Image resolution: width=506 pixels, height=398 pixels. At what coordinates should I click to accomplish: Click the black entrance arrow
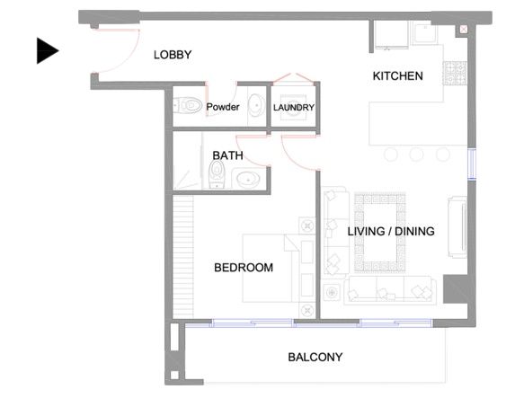tap(47, 50)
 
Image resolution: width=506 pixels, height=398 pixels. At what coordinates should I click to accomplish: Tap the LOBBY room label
tap(173, 55)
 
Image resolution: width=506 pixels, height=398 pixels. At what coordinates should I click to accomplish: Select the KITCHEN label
tap(397, 75)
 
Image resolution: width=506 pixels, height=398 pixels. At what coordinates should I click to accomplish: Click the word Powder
tap(223, 107)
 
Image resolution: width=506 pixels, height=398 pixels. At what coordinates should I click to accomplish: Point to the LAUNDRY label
tap(294, 108)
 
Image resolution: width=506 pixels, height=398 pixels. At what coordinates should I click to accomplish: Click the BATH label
tap(227, 155)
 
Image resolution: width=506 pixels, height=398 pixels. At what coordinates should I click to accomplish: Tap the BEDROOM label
tap(244, 268)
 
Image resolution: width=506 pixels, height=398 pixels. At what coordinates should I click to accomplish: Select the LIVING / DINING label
tap(391, 231)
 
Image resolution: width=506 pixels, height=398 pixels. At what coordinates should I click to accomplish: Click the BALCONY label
tap(315, 357)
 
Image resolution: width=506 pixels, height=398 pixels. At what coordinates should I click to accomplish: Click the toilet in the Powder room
tap(188, 105)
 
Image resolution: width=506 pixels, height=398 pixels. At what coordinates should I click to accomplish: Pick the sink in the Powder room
tap(257, 105)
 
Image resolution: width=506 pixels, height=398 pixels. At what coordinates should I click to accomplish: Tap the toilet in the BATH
tap(217, 174)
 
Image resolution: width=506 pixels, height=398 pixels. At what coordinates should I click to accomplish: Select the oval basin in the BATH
tap(248, 180)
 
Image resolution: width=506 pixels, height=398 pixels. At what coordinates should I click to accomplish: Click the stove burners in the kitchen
tap(455, 73)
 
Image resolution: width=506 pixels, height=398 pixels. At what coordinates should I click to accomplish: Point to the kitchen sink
tap(425, 31)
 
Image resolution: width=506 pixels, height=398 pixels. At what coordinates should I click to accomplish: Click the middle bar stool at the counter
tap(416, 155)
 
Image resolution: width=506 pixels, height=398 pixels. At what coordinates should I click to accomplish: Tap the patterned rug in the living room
tap(380, 232)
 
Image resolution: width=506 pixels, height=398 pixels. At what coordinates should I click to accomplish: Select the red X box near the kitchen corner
tap(464, 30)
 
